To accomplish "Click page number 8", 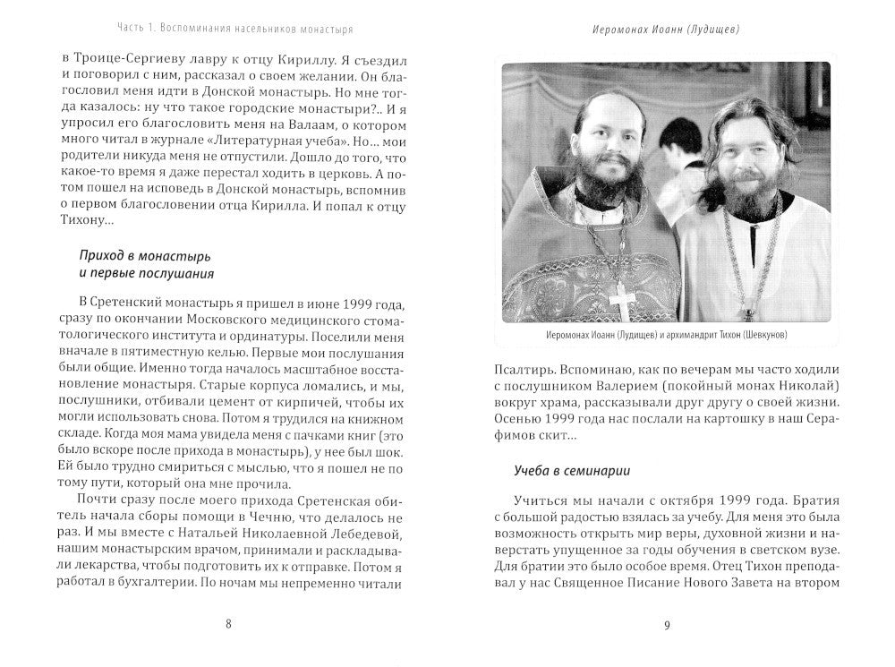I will click(228, 625).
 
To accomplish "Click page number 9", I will click(667, 625).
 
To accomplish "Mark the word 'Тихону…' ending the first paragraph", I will click(86, 220).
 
